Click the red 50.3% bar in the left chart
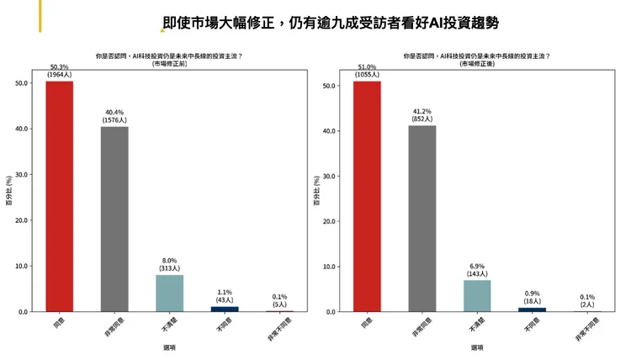pyautogui.click(x=59, y=196)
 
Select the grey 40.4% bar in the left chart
pyautogui.click(x=114, y=219)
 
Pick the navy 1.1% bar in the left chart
pyautogui.click(x=225, y=309)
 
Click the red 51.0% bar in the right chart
pyautogui.click(x=367, y=196)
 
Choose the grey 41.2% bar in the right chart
pyautogui.click(x=422, y=218)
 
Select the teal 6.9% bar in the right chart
pyautogui.click(x=477, y=295)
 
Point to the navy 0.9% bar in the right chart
pyautogui.click(x=533, y=310)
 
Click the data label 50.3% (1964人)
pyautogui.click(x=59, y=71)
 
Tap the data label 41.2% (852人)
pyautogui.click(x=422, y=114)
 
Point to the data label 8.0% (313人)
pyautogui.click(x=169, y=264)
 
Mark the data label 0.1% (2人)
pyautogui.click(x=587, y=300)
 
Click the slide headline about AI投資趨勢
pyautogui.click(x=336, y=23)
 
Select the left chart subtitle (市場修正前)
pyautogui.click(x=171, y=63)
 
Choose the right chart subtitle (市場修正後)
pyautogui.click(x=477, y=63)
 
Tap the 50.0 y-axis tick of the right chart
pyautogui.click(x=331, y=86)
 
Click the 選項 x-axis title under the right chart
pyautogui.click(x=477, y=347)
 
